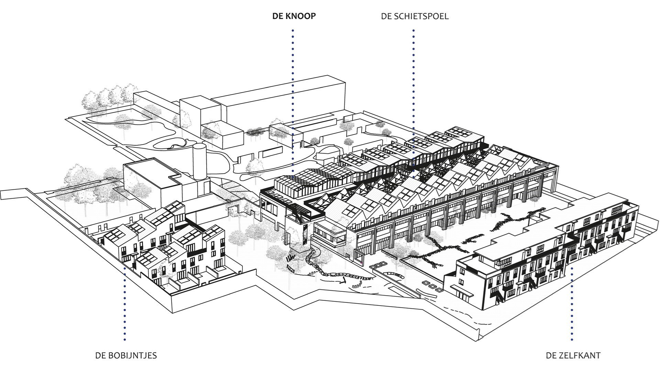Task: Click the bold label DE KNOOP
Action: [x=294, y=16]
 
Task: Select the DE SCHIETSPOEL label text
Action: [x=415, y=16]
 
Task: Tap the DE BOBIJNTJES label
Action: [x=126, y=355]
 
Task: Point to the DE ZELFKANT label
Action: [x=573, y=355]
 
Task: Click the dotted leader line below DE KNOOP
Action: [x=293, y=86]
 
